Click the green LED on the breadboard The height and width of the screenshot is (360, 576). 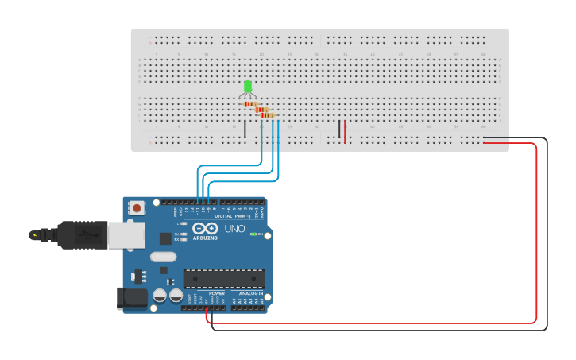pos(248,86)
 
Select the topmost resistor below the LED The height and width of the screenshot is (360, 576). pos(250,104)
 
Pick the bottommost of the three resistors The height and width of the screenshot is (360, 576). pos(268,115)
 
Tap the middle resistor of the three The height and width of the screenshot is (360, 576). pos(259,110)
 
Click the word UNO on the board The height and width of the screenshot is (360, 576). pos(234,229)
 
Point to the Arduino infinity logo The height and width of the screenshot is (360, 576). pos(204,229)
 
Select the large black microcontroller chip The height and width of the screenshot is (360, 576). pos(223,278)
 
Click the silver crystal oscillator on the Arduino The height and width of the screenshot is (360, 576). pos(163,257)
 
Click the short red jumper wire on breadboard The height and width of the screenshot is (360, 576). pos(345,131)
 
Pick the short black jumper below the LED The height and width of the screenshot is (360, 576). pos(245,130)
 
